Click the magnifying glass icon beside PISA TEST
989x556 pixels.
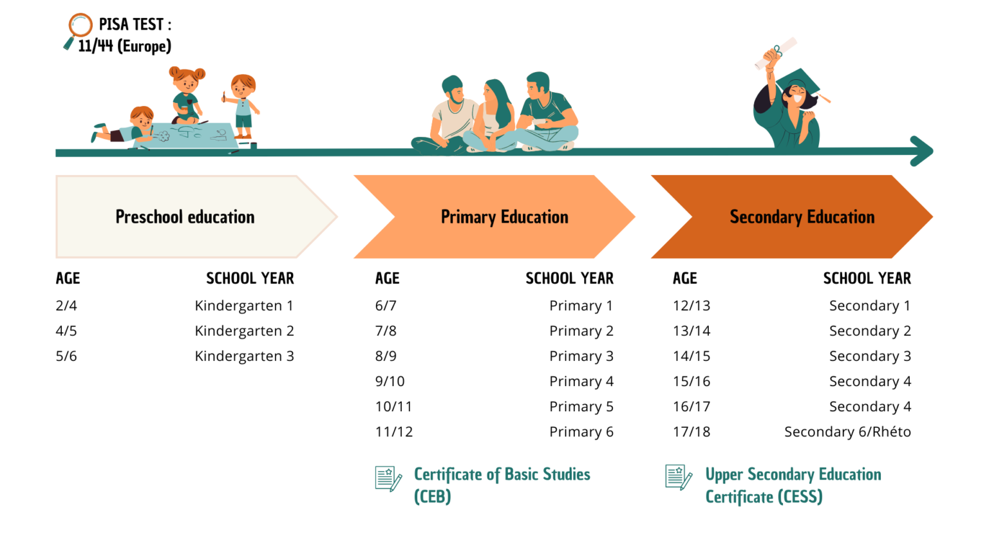click(78, 31)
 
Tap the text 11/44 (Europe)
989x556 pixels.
click(124, 46)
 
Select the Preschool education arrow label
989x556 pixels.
click(185, 217)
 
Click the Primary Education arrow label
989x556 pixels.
click(504, 217)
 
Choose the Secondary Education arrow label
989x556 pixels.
click(802, 217)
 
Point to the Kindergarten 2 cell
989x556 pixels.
click(244, 331)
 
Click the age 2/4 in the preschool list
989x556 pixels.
click(66, 306)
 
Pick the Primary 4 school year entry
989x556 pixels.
click(581, 381)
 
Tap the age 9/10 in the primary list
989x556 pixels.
click(390, 381)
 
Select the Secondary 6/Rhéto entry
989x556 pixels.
click(848, 432)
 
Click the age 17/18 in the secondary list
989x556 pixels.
click(692, 432)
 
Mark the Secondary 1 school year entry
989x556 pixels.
click(870, 306)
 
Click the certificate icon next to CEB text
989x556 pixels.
click(388, 479)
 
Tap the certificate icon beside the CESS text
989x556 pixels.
click(679, 477)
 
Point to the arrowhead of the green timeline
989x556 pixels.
click(922, 151)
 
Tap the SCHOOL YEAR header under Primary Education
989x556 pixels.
click(570, 279)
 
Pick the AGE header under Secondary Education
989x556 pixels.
click(685, 279)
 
